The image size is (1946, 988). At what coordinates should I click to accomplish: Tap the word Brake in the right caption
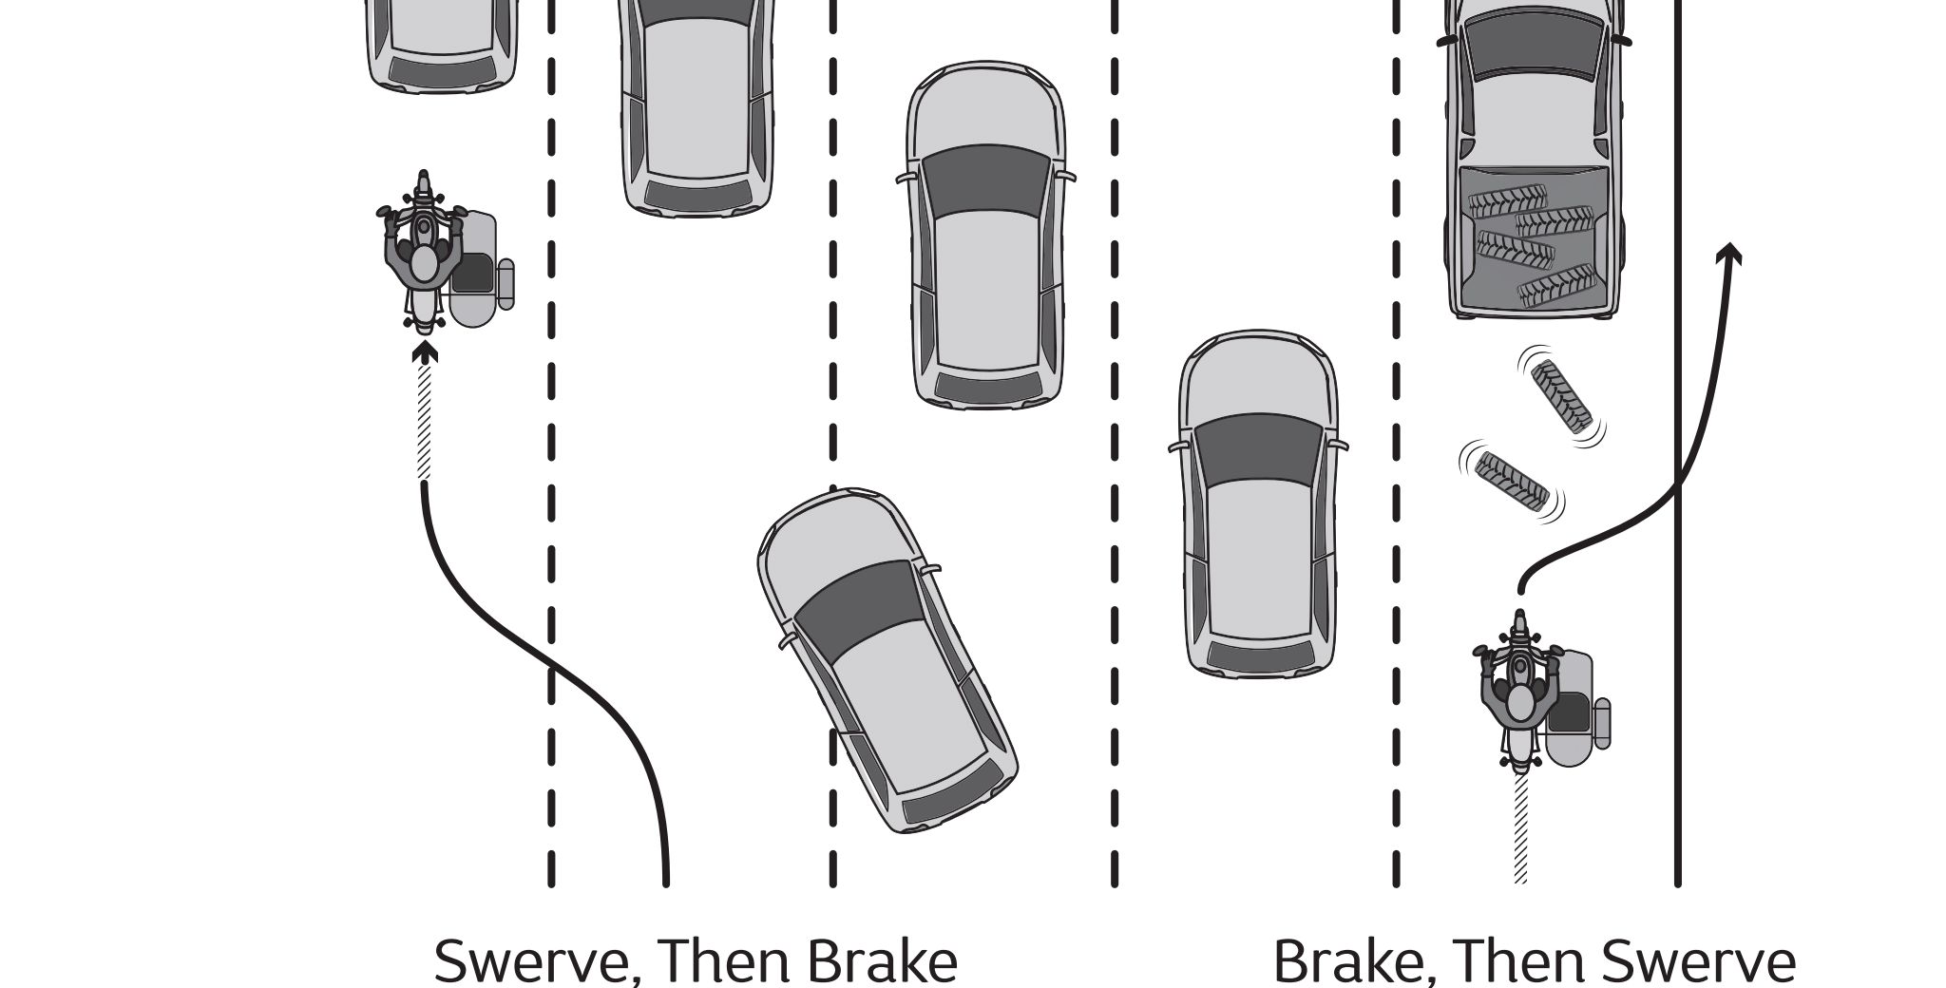click(x=1342, y=961)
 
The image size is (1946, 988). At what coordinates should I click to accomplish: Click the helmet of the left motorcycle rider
click(x=424, y=261)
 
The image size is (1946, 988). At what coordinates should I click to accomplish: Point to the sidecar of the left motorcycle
click(x=475, y=271)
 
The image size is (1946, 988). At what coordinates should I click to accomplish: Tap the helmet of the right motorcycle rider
click(x=1520, y=701)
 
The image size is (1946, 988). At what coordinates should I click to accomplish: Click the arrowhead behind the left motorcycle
click(x=425, y=353)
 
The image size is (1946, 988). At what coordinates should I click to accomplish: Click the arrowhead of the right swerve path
click(x=1728, y=253)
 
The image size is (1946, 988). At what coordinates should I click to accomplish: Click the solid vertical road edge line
click(x=1677, y=665)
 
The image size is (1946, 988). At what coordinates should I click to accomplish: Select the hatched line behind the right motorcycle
click(x=1520, y=826)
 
